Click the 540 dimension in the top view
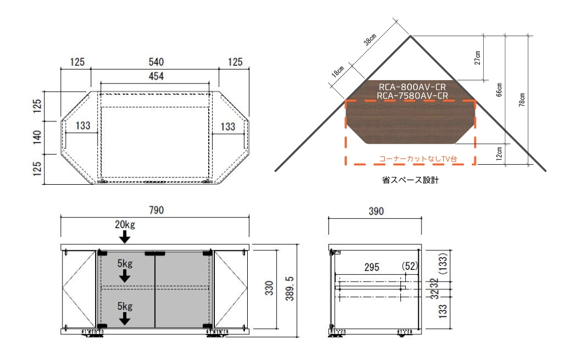(155, 62)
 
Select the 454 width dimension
(155, 76)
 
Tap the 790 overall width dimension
(155, 211)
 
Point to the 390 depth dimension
(376, 211)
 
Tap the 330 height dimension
(269, 288)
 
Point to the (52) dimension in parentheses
(409, 267)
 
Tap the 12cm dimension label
(499, 152)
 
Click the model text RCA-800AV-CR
(412, 87)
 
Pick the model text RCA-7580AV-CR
(412, 96)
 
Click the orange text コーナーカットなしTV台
(418, 159)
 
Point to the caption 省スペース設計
(411, 180)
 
